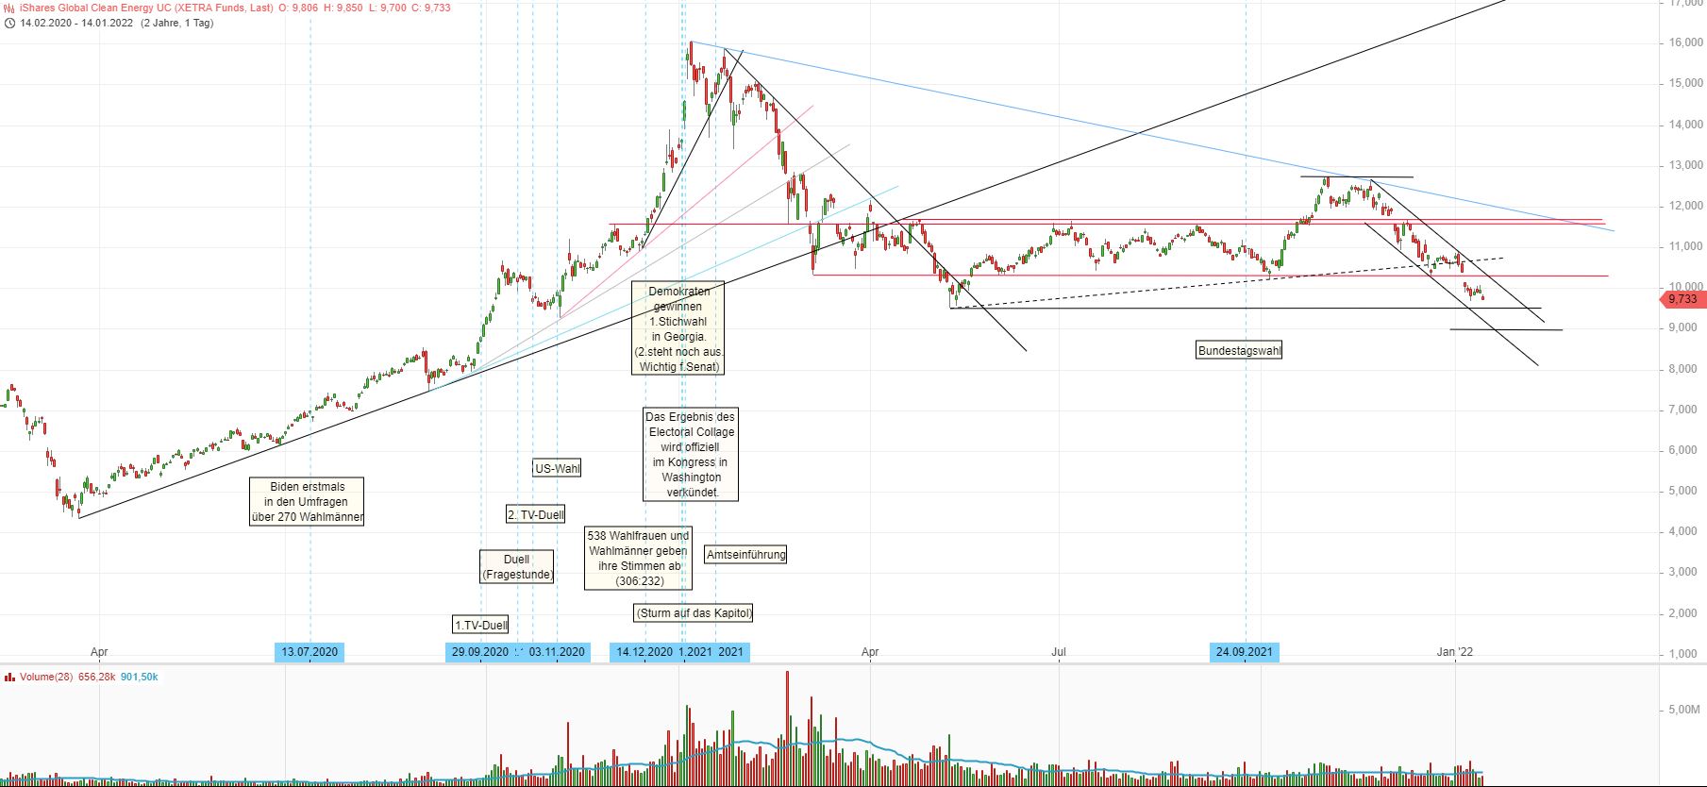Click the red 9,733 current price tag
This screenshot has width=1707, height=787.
(x=1682, y=299)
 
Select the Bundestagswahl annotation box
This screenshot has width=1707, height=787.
(x=1239, y=351)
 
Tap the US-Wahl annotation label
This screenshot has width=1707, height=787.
(x=557, y=468)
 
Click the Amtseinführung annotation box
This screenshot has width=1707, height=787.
(x=745, y=555)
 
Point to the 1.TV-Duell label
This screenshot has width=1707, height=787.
(x=481, y=625)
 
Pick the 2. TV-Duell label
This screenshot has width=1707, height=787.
(x=536, y=514)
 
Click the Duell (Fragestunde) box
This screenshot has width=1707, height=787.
(x=517, y=567)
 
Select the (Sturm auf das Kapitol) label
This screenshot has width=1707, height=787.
(x=695, y=613)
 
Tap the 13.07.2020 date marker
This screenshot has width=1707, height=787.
(x=310, y=652)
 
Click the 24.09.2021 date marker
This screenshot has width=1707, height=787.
(x=1245, y=652)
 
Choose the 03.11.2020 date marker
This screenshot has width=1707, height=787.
(x=558, y=652)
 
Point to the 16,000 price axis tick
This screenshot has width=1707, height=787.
(x=1685, y=42)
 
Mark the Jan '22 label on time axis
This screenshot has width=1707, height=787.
(x=1454, y=652)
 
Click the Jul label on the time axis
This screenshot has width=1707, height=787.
(x=1059, y=652)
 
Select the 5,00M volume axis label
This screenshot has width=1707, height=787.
(x=1683, y=710)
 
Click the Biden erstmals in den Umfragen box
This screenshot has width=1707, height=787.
(x=307, y=502)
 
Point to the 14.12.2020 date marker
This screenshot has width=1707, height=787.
(x=644, y=652)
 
